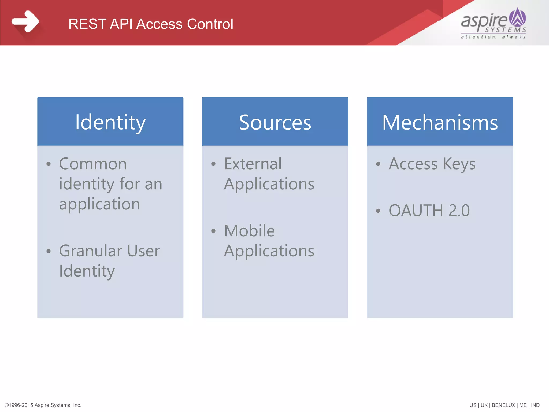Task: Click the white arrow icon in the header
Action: coord(25,21)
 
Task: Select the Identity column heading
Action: coord(110,122)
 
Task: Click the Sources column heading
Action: coord(275,122)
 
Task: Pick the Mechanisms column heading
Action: coord(440,122)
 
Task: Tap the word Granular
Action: coord(91,251)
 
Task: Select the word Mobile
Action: coord(249,231)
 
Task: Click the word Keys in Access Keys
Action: coord(459,164)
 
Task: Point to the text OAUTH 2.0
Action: coord(429,211)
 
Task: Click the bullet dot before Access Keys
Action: coord(378,164)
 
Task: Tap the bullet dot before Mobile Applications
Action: coord(213,231)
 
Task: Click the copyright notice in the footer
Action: coord(43,405)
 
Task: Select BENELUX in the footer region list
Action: coord(503,405)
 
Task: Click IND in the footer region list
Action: coord(535,405)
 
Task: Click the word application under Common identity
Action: coord(99,204)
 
